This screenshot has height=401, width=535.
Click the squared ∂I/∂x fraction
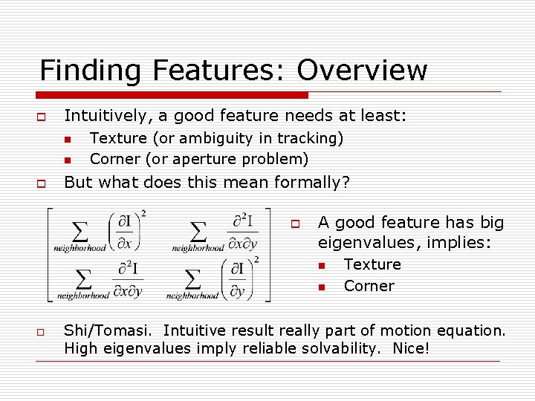click(126, 232)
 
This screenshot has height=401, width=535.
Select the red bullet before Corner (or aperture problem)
click(67, 160)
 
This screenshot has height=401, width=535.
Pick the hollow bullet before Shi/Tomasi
click(42, 332)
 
